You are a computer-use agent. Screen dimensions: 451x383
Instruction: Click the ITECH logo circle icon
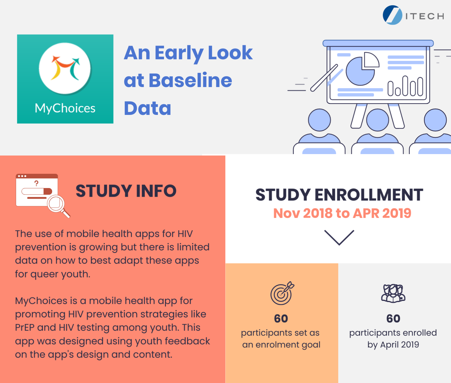coord(392,15)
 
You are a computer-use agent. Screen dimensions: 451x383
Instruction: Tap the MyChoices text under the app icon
coord(65,108)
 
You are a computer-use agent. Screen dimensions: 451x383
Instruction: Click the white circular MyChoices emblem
coord(65,68)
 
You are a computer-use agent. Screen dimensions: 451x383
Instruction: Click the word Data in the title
coord(147,108)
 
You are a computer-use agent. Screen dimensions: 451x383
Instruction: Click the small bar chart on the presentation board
coord(405,86)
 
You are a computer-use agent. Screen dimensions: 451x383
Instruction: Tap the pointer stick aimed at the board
coord(324,78)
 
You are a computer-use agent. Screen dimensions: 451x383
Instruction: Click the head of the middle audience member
coord(377,120)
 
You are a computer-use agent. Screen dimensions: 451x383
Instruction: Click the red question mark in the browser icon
coord(36,183)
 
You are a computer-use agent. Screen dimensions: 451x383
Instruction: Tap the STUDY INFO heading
coord(126,191)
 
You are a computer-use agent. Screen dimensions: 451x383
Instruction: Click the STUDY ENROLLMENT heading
coord(339,195)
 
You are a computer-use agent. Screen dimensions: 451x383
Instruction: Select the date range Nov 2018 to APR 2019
coord(342,213)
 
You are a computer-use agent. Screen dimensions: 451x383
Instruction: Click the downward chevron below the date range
coord(339,238)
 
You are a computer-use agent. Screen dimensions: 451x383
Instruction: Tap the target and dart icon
coord(282,293)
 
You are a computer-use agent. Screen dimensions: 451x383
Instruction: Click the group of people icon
coord(393,293)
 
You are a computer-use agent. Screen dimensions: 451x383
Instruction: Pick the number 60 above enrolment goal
coord(281,319)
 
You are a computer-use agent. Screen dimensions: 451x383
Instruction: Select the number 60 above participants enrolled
coord(393,319)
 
